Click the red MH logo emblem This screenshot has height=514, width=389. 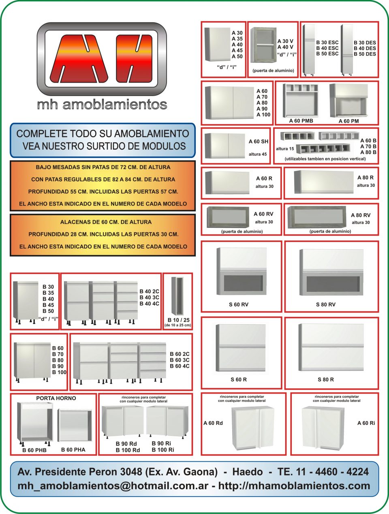click(x=102, y=59)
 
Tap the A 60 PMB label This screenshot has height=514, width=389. click(x=301, y=121)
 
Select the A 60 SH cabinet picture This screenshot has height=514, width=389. click(x=225, y=146)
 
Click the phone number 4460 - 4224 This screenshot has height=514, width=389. click(x=342, y=471)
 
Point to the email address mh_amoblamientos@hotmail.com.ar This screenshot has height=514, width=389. click(x=113, y=486)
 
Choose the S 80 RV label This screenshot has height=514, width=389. click(x=325, y=304)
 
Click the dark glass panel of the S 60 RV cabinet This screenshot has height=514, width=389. click(x=243, y=283)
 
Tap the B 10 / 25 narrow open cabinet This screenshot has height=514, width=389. click(x=177, y=296)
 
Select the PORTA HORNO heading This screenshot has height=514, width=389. click(x=56, y=398)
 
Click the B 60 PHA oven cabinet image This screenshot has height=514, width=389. click(x=75, y=425)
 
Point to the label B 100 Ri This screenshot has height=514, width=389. click(x=162, y=450)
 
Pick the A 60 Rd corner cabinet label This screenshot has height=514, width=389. click(x=213, y=423)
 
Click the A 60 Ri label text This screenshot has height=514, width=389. click(x=366, y=423)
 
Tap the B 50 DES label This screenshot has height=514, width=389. click(x=365, y=54)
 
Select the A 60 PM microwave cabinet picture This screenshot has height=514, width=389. click(x=349, y=100)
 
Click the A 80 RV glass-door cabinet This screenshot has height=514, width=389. click(x=317, y=217)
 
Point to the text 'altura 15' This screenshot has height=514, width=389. click(x=285, y=149)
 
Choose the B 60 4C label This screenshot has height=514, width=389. click(x=180, y=366)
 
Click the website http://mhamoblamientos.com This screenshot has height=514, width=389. click(x=294, y=486)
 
